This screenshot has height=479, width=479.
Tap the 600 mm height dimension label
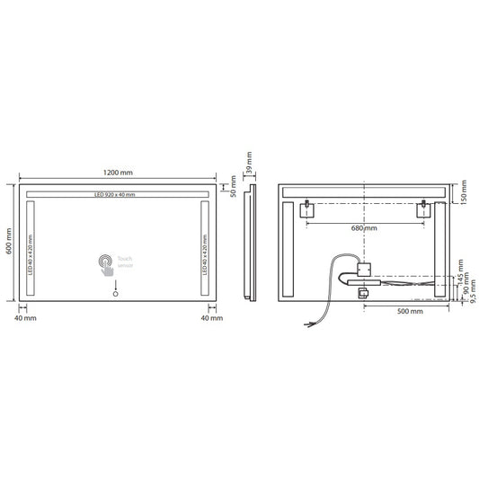point(9,243)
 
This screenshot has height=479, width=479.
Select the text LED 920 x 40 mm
point(114,195)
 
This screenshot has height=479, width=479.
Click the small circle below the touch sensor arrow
point(114,290)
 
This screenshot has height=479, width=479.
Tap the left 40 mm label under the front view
point(25,317)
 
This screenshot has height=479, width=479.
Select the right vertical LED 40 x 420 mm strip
point(204,248)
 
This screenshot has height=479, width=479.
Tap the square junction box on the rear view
point(365,268)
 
